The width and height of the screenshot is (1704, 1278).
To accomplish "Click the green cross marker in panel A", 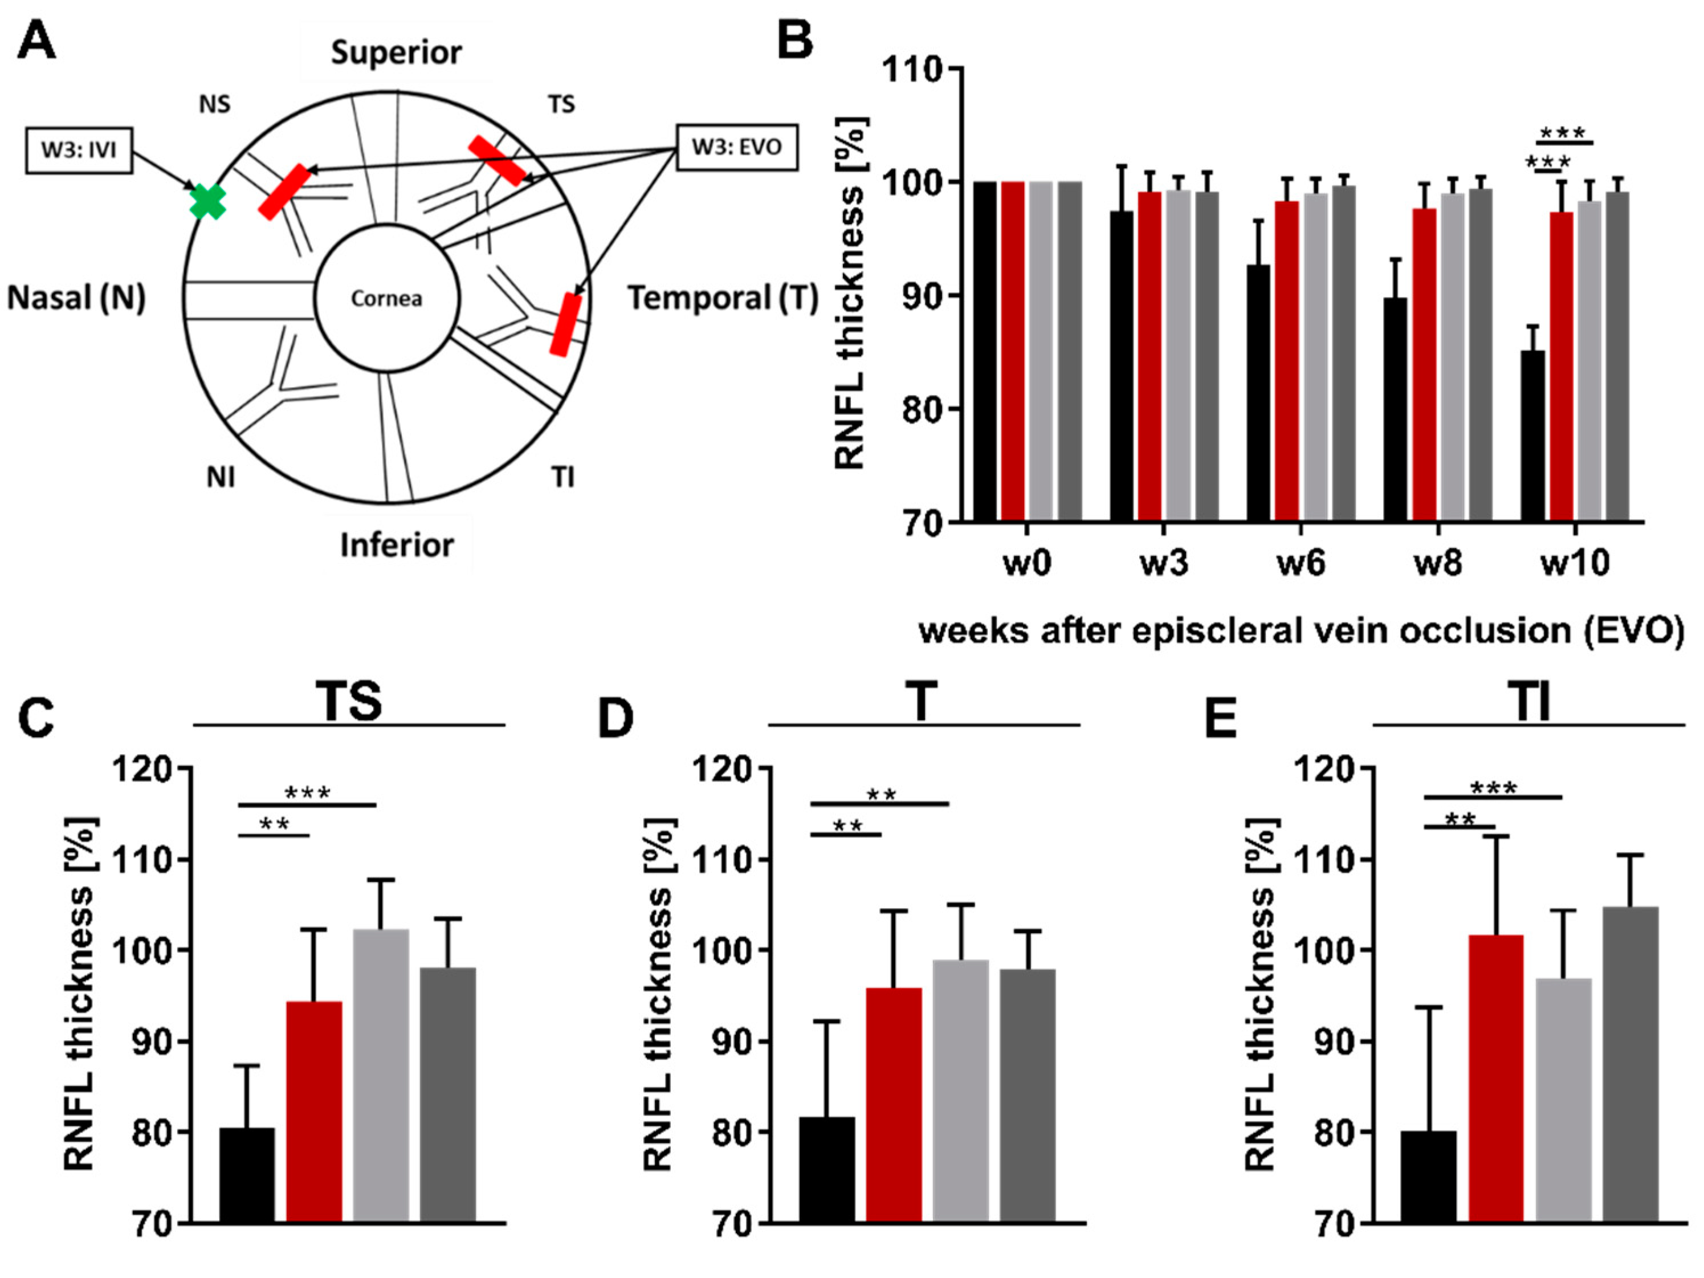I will point(208,202).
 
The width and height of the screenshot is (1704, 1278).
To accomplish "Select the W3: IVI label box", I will point(79,149).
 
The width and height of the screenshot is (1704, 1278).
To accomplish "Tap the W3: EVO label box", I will point(736,146).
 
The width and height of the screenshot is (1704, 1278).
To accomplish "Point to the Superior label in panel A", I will point(396,52).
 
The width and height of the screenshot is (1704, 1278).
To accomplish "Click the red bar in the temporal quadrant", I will point(566,324).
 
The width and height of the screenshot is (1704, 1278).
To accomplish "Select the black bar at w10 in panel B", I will point(1532,436).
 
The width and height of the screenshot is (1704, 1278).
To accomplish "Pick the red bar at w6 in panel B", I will point(1286,360).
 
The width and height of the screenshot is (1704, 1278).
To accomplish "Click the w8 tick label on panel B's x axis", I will point(1437,564).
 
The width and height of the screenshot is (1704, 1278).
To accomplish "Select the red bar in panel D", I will point(894,1104).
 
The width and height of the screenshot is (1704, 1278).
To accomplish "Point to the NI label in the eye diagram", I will point(221,478).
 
